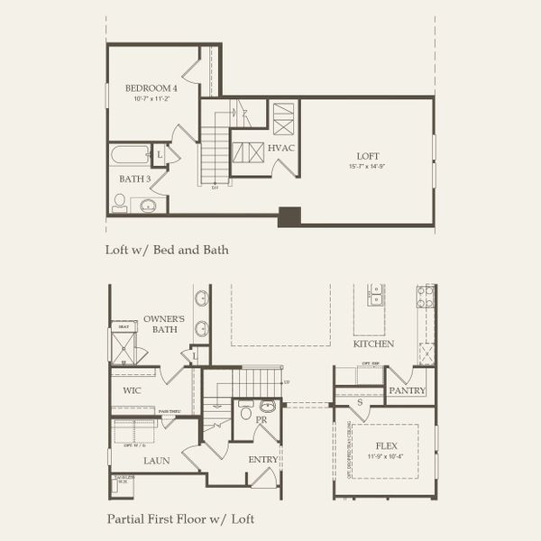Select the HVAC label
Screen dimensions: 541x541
tap(281, 148)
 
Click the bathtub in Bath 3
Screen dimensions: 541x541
tap(129, 154)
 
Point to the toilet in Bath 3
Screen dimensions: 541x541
tap(119, 203)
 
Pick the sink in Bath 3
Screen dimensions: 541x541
tap(147, 206)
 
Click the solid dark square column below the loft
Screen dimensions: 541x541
tap(289, 216)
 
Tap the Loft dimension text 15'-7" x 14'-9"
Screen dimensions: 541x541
tap(366, 167)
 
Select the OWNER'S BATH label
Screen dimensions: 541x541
tap(164, 325)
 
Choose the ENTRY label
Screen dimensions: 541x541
tap(262, 460)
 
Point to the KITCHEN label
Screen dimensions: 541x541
tap(373, 344)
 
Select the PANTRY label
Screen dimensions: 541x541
tap(407, 391)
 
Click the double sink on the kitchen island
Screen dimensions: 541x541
tap(376, 297)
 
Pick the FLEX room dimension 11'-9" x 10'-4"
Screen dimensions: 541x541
tap(385, 456)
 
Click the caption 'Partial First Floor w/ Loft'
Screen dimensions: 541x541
tap(180, 518)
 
